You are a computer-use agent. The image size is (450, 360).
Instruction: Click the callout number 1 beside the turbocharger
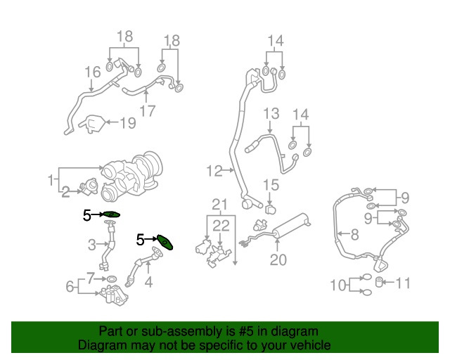[51, 180]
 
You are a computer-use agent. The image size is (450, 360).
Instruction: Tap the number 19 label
[127, 124]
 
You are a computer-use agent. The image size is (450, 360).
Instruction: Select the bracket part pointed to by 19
[91, 124]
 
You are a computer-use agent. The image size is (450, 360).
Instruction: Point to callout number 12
[214, 169]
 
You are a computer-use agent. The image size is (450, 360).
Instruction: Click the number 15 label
[271, 185]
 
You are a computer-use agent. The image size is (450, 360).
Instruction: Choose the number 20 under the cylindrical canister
[279, 261]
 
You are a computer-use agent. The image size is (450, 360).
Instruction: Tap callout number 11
[401, 284]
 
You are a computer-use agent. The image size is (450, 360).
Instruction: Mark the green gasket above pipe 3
[112, 214]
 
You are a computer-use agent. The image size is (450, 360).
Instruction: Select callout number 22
[221, 226]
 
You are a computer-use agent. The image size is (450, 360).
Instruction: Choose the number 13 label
[271, 113]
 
